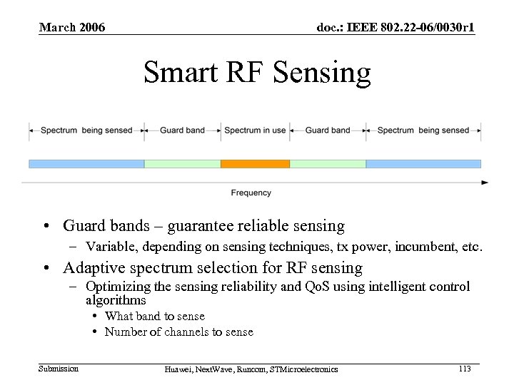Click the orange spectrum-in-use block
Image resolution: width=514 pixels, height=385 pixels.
pos(255,163)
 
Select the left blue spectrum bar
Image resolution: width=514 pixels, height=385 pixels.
pos(86,163)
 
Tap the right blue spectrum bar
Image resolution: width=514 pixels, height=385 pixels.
pos(423,163)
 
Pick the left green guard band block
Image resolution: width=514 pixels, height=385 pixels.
pos(183,163)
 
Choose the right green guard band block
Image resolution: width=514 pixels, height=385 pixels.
pos(328,163)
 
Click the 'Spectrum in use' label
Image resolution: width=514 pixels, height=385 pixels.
pos(255,130)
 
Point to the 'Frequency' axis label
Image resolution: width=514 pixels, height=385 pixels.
pos(251,192)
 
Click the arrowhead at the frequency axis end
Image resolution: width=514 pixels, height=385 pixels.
pos(485,183)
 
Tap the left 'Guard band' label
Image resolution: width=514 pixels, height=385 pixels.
pos(182,130)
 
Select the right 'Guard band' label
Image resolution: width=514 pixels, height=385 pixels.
pos(328,130)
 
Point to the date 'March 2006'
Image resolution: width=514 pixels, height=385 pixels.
pos(72,28)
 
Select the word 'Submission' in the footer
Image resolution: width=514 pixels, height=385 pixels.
pos(59,368)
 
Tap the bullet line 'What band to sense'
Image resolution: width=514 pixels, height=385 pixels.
pos(155,316)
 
